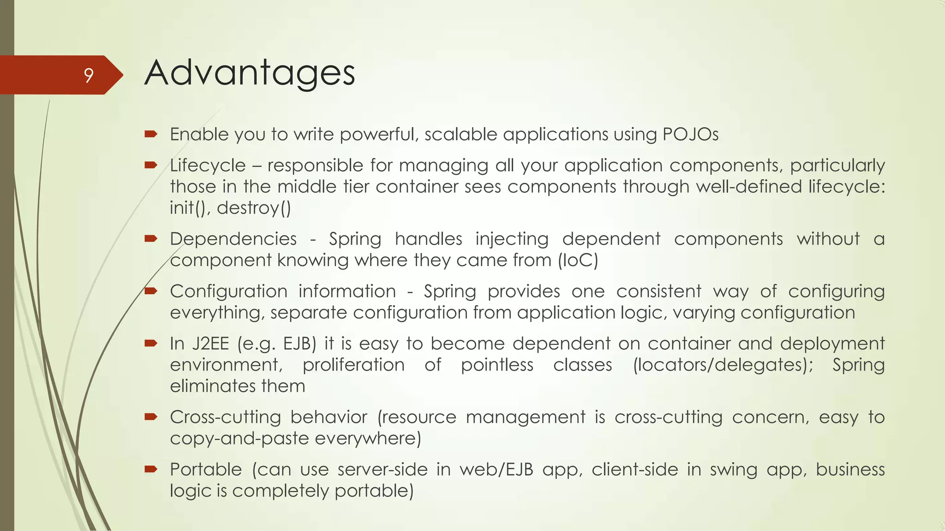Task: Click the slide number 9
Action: (89, 75)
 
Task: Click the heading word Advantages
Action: (250, 74)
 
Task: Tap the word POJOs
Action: (690, 135)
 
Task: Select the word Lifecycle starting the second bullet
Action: (208, 165)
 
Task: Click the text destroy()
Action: (254, 208)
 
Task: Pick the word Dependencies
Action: (233, 239)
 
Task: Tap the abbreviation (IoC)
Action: (578, 260)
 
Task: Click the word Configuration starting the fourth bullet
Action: (228, 291)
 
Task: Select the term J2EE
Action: (210, 344)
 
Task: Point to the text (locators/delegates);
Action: (723, 365)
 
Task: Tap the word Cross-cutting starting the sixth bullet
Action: (225, 417)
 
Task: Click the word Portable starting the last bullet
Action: (206, 470)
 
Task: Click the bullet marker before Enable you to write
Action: (151, 134)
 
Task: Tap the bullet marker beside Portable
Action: (151, 469)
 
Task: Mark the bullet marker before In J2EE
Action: (151, 343)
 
